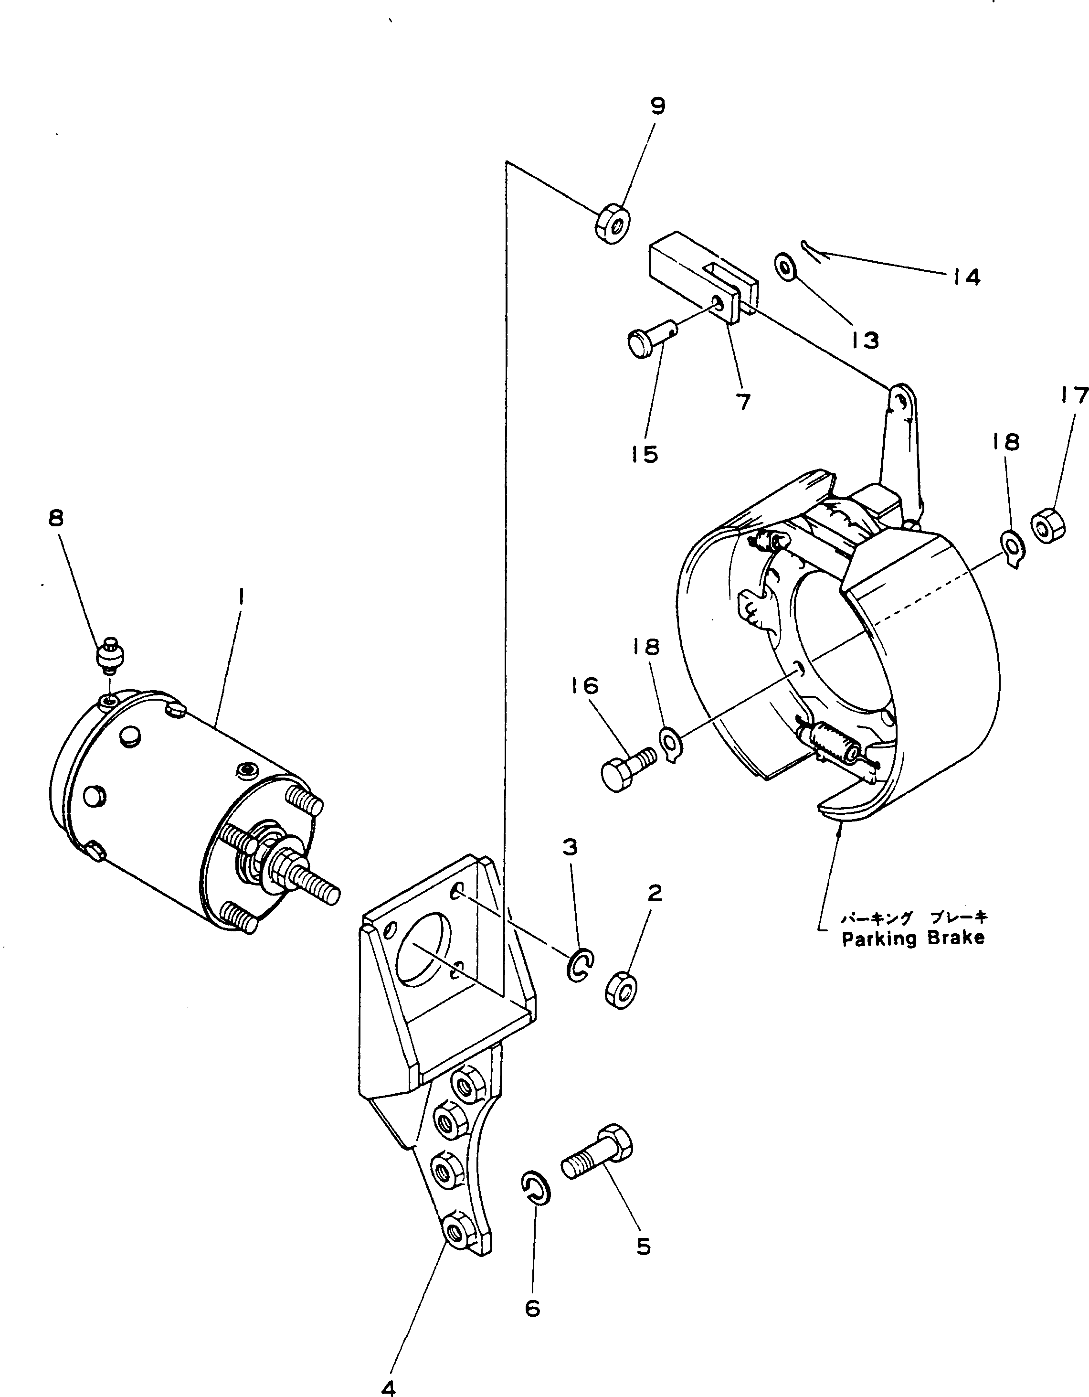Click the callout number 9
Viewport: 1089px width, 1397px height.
pos(658,106)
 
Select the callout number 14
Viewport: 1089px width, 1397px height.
pos(965,277)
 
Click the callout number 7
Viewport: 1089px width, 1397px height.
pos(743,402)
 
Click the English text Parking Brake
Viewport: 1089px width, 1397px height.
pos(912,939)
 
